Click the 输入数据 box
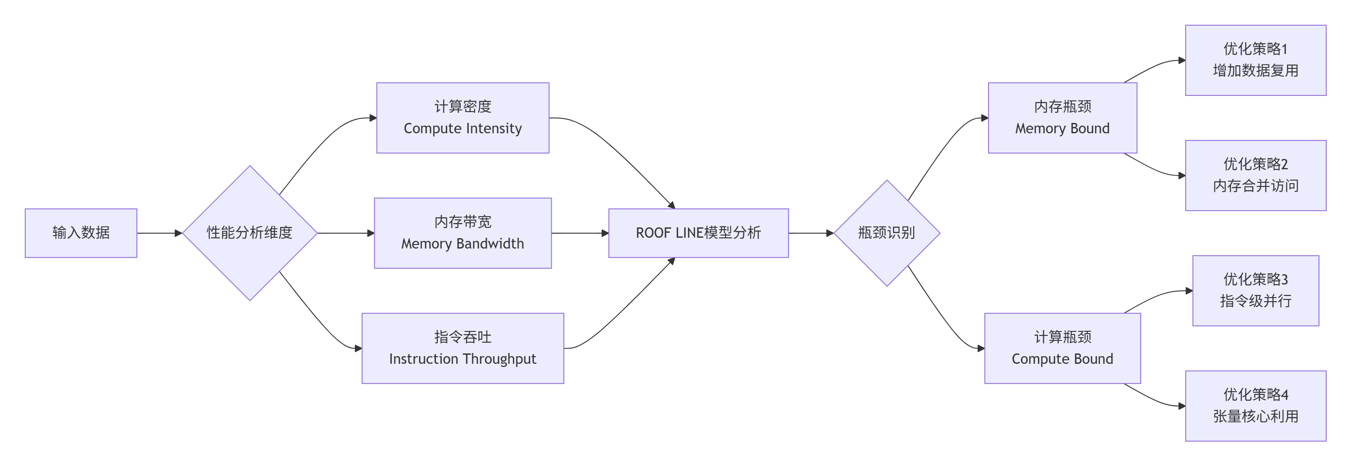coord(81,233)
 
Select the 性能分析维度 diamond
coord(249,233)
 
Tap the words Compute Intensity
coord(462,128)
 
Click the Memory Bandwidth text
coord(462,244)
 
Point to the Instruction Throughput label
coord(462,359)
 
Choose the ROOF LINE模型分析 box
coord(698,233)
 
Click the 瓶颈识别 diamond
coord(886,233)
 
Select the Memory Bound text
coord(1062,128)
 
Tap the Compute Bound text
coord(1062,359)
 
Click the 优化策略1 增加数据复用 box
coord(1256,60)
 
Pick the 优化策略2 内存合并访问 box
coord(1256,175)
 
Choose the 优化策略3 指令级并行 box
coord(1256,290)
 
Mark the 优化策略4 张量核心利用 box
coord(1256,406)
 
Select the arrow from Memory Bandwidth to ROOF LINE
coord(580,233)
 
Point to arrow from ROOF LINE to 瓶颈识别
coord(810,233)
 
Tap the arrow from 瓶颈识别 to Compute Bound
coord(939,315)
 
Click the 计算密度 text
coord(462,106)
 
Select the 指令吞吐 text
coord(462,337)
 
